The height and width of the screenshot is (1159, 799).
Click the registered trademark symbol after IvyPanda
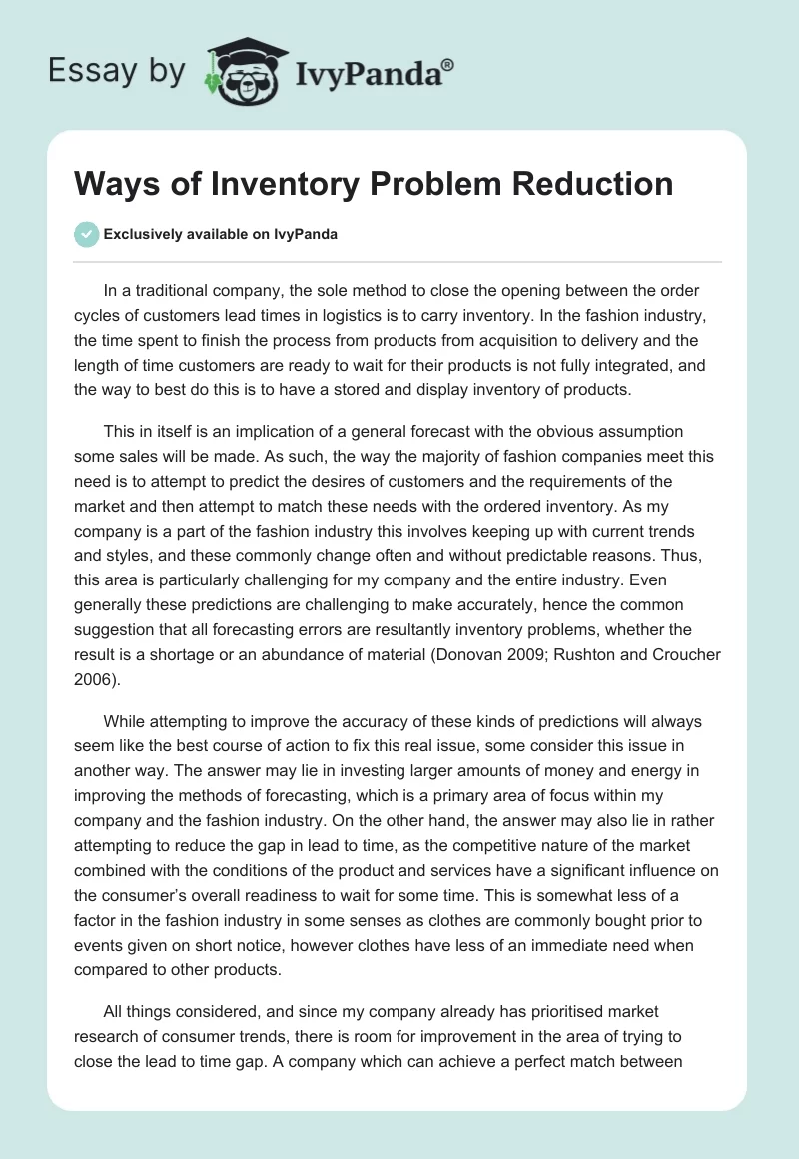coord(448,64)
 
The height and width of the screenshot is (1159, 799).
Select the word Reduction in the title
coord(583,184)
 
